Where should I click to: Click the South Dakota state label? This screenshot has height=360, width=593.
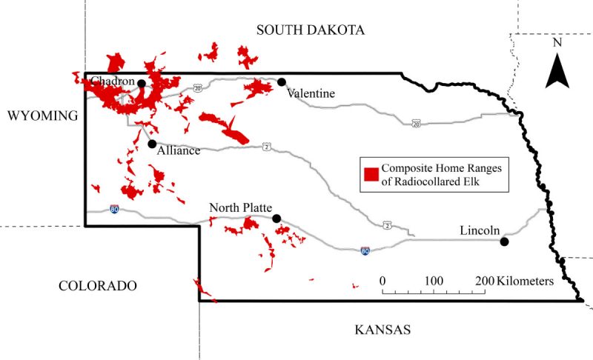click(311, 30)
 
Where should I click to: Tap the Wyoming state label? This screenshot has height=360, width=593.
click(42, 116)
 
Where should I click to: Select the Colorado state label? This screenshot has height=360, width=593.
click(98, 285)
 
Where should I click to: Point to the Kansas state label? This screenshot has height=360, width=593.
click(382, 330)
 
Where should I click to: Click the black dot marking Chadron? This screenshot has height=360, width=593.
click(142, 83)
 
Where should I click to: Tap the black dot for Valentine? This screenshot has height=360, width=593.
click(281, 81)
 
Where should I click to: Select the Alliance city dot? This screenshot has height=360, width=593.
click(152, 144)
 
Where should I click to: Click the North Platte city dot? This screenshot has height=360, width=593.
click(276, 219)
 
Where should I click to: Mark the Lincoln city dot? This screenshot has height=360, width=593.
click(504, 241)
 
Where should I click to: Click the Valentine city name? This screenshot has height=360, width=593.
click(311, 93)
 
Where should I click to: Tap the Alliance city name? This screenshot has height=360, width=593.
click(179, 151)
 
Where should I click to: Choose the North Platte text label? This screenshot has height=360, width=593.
click(240, 207)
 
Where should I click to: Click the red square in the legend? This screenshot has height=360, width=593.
click(371, 175)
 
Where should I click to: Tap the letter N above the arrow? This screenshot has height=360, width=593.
click(557, 44)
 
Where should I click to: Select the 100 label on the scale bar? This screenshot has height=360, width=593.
click(433, 281)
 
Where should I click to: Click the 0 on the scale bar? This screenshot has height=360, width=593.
click(382, 281)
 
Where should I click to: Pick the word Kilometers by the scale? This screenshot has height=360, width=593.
click(526, 281)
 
